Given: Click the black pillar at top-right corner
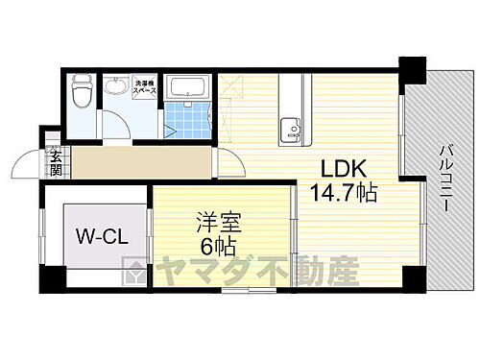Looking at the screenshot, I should [x=412, y=70].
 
